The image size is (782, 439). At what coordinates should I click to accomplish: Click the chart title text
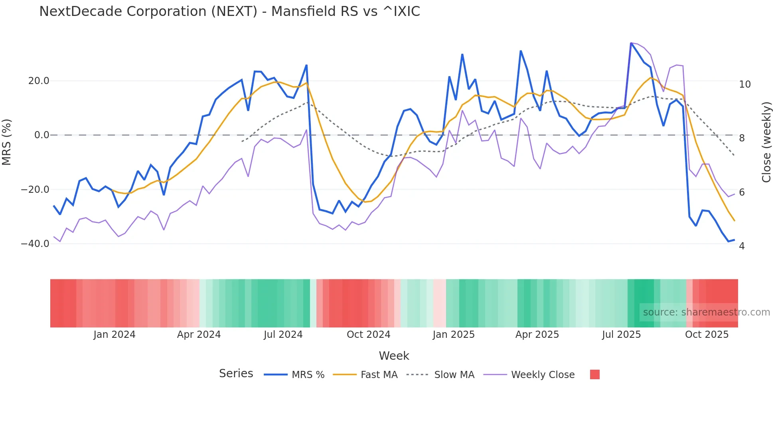pos(229,12)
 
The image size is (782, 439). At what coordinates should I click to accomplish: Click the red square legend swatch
pos(594,374)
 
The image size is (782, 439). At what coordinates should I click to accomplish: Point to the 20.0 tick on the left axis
pos(39,81)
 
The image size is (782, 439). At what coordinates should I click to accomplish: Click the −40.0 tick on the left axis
pos(35,243)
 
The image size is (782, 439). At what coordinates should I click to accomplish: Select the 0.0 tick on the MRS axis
pos(41,135)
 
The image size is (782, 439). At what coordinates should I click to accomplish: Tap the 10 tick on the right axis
pos(744,84)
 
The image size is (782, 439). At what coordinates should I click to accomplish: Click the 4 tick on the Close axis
pos(742,246)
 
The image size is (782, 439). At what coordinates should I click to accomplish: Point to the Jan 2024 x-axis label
pos(115,335)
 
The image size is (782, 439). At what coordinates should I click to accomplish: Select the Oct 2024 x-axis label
pos(368,335)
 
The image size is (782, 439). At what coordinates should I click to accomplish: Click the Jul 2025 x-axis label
pos(621,335)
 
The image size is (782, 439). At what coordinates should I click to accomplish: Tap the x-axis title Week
pos(394,356)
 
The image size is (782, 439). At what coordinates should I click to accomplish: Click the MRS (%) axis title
pos(7,142)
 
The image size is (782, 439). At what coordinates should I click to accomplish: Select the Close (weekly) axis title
pos(766,142)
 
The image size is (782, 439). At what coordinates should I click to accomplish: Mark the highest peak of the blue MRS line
pos(631,43)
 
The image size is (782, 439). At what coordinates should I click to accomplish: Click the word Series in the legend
pos(236,374)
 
